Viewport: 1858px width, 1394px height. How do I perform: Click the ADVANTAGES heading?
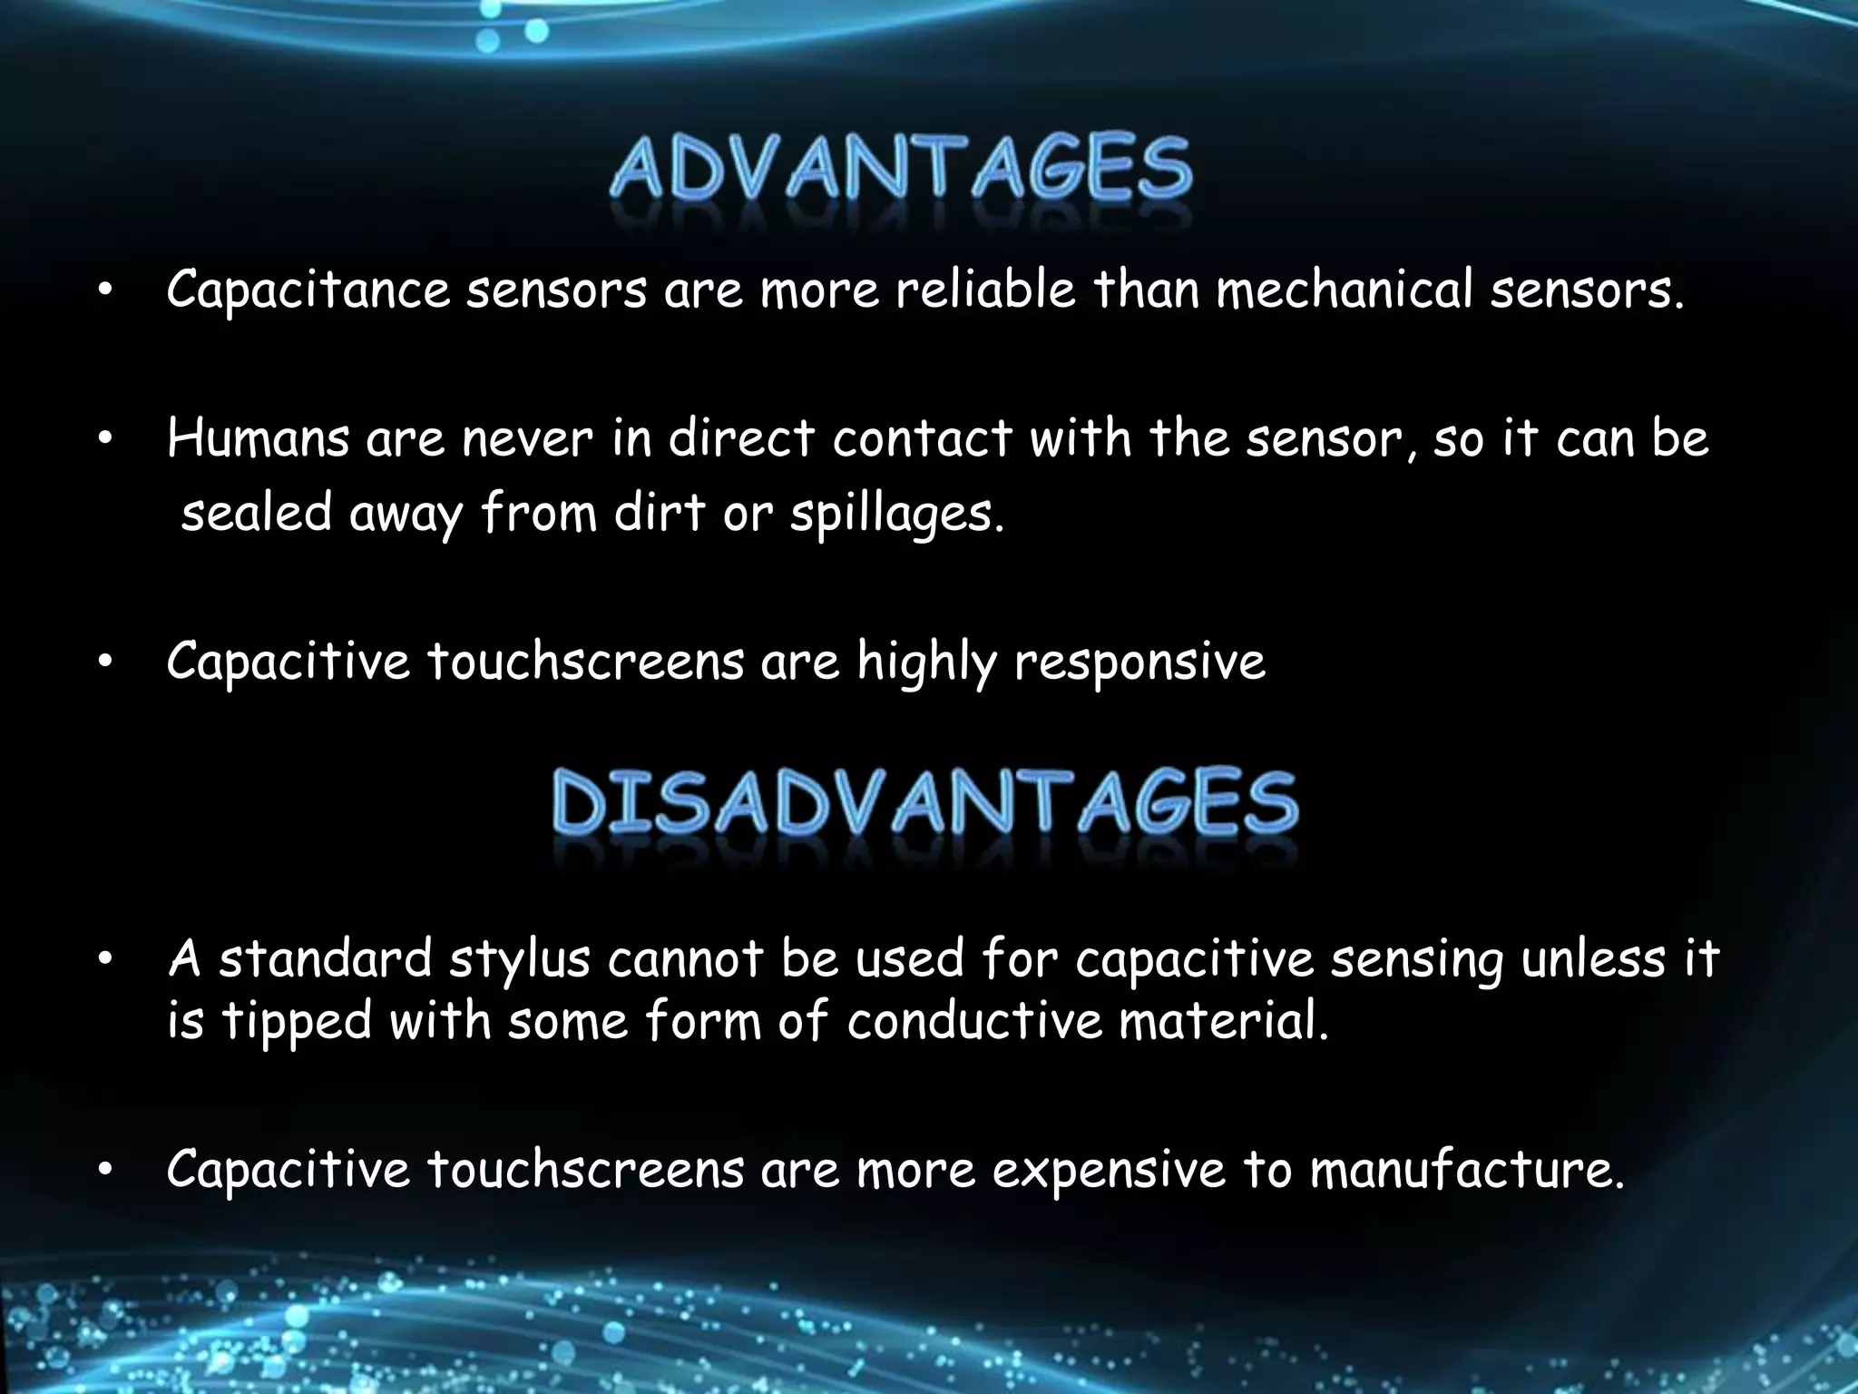point(901,169)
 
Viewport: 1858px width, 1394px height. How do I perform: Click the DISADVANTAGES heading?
point(925,802)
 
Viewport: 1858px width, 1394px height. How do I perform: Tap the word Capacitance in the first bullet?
point(308,290)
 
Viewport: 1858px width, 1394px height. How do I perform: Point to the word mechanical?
point(1344,290)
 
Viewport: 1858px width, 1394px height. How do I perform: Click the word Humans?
point(258,439)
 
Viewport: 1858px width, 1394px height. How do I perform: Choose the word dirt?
point(660,513)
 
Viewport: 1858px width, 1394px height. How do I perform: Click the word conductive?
point(973,1021)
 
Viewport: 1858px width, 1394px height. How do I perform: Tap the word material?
point(1223,1021)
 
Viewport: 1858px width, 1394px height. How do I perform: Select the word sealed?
point(257,513)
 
